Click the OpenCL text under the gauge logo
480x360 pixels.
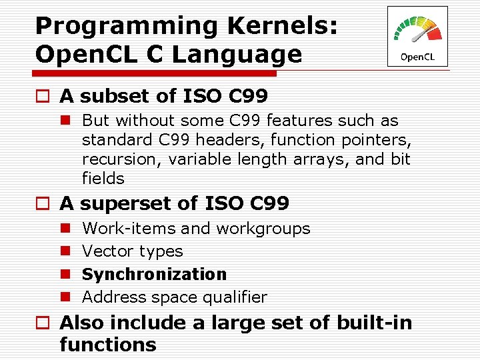tap(417, 57)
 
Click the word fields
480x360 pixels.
tap(103, 179)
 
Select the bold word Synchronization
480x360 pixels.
tap(154, 274)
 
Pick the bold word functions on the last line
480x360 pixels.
tap(107, 345)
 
